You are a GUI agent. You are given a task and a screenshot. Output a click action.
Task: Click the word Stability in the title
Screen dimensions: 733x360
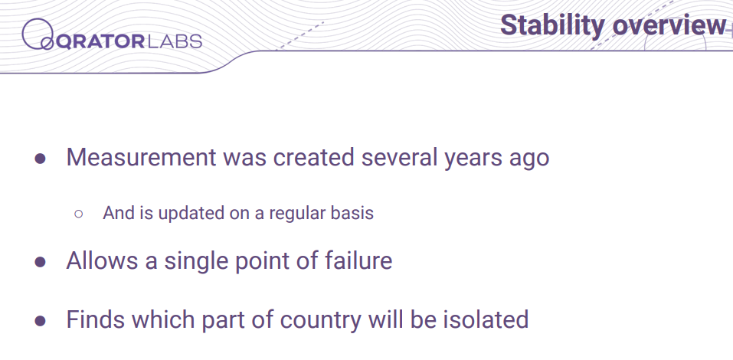pyautogui.click(x=552, y=25)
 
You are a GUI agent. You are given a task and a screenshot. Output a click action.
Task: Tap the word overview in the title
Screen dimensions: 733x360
pyautogui.click(x=669, y=25)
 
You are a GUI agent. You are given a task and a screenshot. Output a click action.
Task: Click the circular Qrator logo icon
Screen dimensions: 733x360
pyautogui.click(x=38, y=34)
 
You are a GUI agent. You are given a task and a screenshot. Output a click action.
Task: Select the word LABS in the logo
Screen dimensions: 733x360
pyautogui.click(x=174, y=41)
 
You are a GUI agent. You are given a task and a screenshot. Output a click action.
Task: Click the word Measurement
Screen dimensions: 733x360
pyautogui.click(x=141, y=157)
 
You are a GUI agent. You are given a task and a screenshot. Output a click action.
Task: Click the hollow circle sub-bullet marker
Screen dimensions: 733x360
pyautogui.click(x=79, y=214)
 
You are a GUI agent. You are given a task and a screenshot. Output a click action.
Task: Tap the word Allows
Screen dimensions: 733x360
pyautogui.click(x=102, y=260)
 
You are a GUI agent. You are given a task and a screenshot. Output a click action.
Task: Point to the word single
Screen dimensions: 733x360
pyautogui.click(x=196, y=262)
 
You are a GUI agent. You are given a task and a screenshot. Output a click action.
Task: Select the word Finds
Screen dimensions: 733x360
pyautogui.click(x=95, y=320)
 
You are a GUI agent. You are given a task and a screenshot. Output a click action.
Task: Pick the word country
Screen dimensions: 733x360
pyautogui.click(x=321, y=322)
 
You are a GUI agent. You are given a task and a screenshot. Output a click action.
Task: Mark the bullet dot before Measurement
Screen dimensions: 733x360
pyautogui.click(x=40, y=159)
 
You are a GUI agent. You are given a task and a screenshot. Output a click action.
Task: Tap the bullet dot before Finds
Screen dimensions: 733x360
pyautogui.click(x=40, y=321)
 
